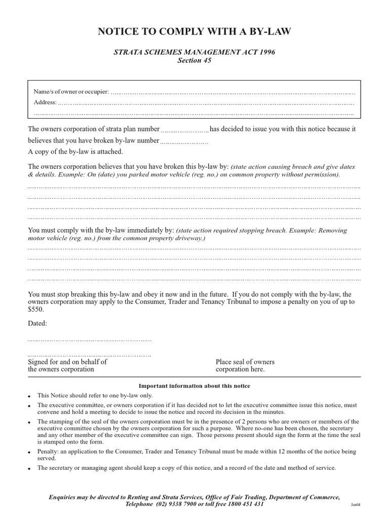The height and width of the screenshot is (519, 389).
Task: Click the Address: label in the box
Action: (x=45, y=102)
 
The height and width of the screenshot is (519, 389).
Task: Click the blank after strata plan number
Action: (x=185, y=131)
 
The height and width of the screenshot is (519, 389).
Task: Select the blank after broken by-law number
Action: (x=184, y=142)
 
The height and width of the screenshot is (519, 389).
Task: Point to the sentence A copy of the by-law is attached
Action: (x=75, y=152)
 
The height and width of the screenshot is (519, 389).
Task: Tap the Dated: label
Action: (x=37, y=323)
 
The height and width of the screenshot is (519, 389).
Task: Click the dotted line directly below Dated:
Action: (x=89, y=340)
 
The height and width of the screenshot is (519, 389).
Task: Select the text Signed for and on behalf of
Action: (x=67, y=362)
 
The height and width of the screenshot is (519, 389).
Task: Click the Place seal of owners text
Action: (x=245, y=362)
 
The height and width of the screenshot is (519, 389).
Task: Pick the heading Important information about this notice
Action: (x=194, y=386)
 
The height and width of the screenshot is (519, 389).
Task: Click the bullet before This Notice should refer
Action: (x=30, y=396)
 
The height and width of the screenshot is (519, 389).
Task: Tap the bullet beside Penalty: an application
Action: (x=30, y=452)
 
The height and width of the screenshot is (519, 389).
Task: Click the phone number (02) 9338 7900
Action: (x=178, y=504)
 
